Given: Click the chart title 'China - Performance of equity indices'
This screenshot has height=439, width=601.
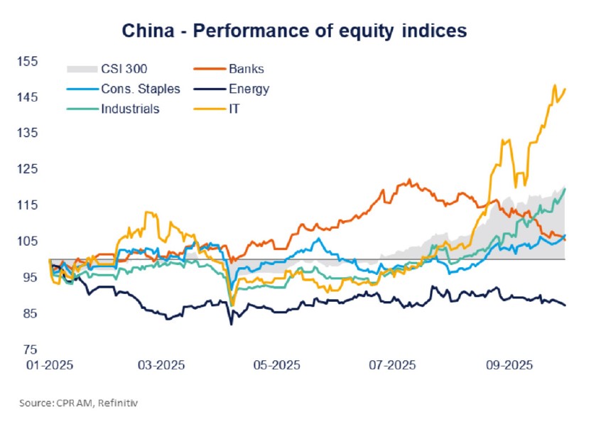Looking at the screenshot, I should (294, 31).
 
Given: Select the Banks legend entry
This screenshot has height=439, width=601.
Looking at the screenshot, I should (246, 69).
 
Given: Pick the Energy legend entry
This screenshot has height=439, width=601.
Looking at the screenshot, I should (249, 89).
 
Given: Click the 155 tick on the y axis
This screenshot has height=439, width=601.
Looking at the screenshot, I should (26, 62).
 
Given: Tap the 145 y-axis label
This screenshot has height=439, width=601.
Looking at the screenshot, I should (26, 97).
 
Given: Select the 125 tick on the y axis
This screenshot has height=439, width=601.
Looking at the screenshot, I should (26, 170).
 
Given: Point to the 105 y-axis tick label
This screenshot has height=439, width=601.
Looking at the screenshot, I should (26, 242).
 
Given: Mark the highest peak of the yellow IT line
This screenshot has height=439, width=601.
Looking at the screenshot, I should (554, 85).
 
